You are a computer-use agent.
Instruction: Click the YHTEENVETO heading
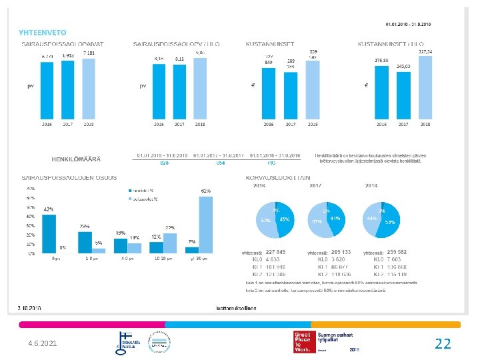pos(43,32)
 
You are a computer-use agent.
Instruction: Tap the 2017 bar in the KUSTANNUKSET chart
pos(291,96)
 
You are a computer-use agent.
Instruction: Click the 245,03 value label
pos(403,67)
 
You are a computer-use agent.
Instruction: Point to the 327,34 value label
pos(425,51)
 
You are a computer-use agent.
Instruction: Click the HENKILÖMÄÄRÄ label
pos(76,159)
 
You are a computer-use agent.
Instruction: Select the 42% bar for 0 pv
pos(49,233)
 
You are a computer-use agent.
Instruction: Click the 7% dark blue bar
pos(191,250)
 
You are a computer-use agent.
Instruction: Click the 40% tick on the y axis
pos(31,217)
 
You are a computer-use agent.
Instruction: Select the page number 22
pos(443,343)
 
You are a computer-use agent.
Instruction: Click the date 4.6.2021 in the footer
pos(43,343)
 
